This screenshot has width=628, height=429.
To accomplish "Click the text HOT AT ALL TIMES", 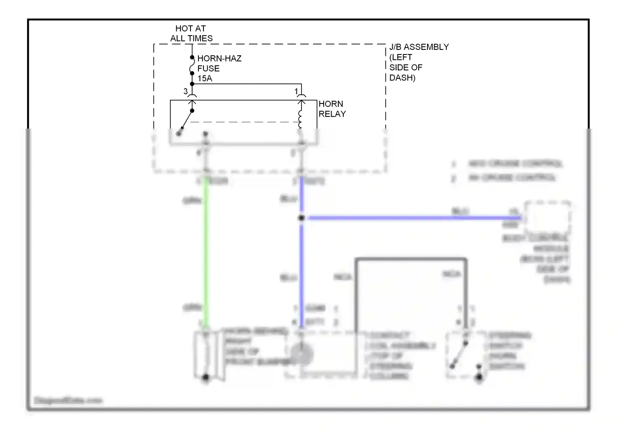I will click(x=191, y=34).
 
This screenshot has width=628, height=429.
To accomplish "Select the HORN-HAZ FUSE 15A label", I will click(x=219, y=68).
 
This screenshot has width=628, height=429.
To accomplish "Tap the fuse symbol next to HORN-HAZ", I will click(x=192, y=65).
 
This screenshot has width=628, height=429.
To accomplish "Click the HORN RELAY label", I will click(x=332, y=109).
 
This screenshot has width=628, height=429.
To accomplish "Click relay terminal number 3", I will click(x=185, y=91).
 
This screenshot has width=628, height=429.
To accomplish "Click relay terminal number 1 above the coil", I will click(x=296, y=91).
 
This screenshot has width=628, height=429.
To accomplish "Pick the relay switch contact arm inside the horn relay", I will click(x=185, y=122).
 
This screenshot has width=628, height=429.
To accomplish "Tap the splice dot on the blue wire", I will click(x=301, y=218).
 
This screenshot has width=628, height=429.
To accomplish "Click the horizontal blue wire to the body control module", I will click(x=410, y=218).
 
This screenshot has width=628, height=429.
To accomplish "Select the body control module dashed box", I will click(x=547, y=218).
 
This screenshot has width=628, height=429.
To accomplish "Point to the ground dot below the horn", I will click(x=206, y=377).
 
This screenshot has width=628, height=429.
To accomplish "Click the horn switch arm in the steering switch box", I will click(x=459, y=354).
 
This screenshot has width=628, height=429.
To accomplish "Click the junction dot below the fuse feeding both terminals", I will click(x=192, y=84).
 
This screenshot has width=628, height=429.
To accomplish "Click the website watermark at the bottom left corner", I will click(x=68, y=401).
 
